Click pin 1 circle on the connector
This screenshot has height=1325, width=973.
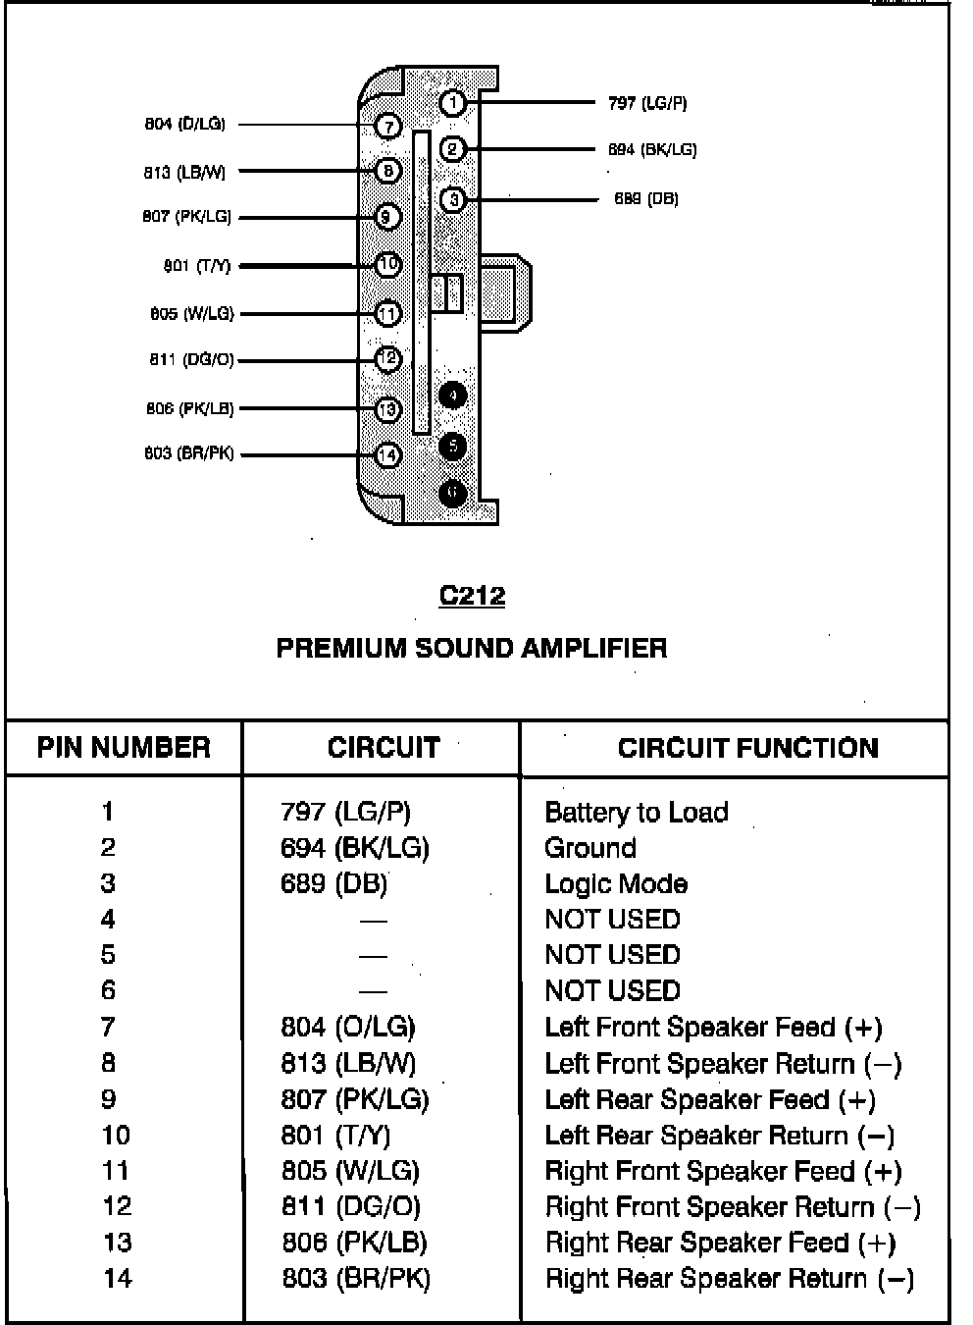[x=451, y=102]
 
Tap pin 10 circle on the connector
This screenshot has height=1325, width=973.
[x=388, y=265]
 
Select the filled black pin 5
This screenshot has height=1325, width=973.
[x=452, y=447]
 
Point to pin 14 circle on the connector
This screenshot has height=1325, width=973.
[x=388, y=454]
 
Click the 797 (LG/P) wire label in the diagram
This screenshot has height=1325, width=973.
[x=647, y=103]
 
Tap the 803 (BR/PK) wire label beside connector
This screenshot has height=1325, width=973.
[x=189, y=454]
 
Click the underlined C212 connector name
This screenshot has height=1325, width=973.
[x=472, y=596]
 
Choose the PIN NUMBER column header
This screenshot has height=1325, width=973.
[x=124, y=748]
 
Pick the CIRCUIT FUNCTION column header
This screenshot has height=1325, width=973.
[x=747, y=748]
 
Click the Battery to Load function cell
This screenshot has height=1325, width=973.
[x=636, y=813]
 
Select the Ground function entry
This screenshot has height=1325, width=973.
[x=589, y=848]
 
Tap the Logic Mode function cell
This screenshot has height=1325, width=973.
[x=615, y=884]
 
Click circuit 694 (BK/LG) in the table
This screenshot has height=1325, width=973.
[x=355, y=848]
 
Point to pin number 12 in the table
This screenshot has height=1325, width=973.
[x=116, y=1206]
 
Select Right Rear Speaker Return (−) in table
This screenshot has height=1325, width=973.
[x=729, y=1279]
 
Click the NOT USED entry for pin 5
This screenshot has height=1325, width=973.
[x=612, y=955]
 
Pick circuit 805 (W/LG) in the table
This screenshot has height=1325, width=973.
[x=350, y=1171]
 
